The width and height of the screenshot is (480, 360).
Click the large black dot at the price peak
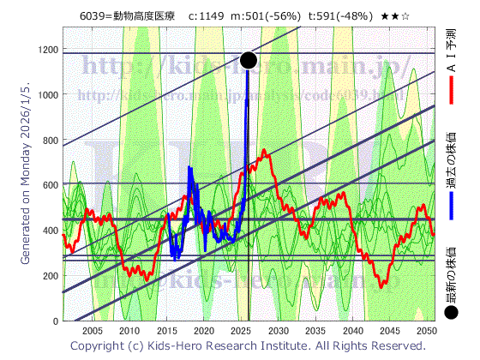tap(249, 60)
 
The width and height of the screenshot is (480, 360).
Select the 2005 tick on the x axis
tap(92, 331)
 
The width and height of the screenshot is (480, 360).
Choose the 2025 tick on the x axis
tap(241, 331)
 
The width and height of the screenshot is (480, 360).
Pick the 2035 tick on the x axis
tap(315, 331)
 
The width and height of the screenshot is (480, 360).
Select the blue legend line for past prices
tap(451, 203)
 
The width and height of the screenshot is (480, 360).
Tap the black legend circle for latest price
tap(452, 315)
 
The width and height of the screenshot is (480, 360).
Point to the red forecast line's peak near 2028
tap(265, 152)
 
